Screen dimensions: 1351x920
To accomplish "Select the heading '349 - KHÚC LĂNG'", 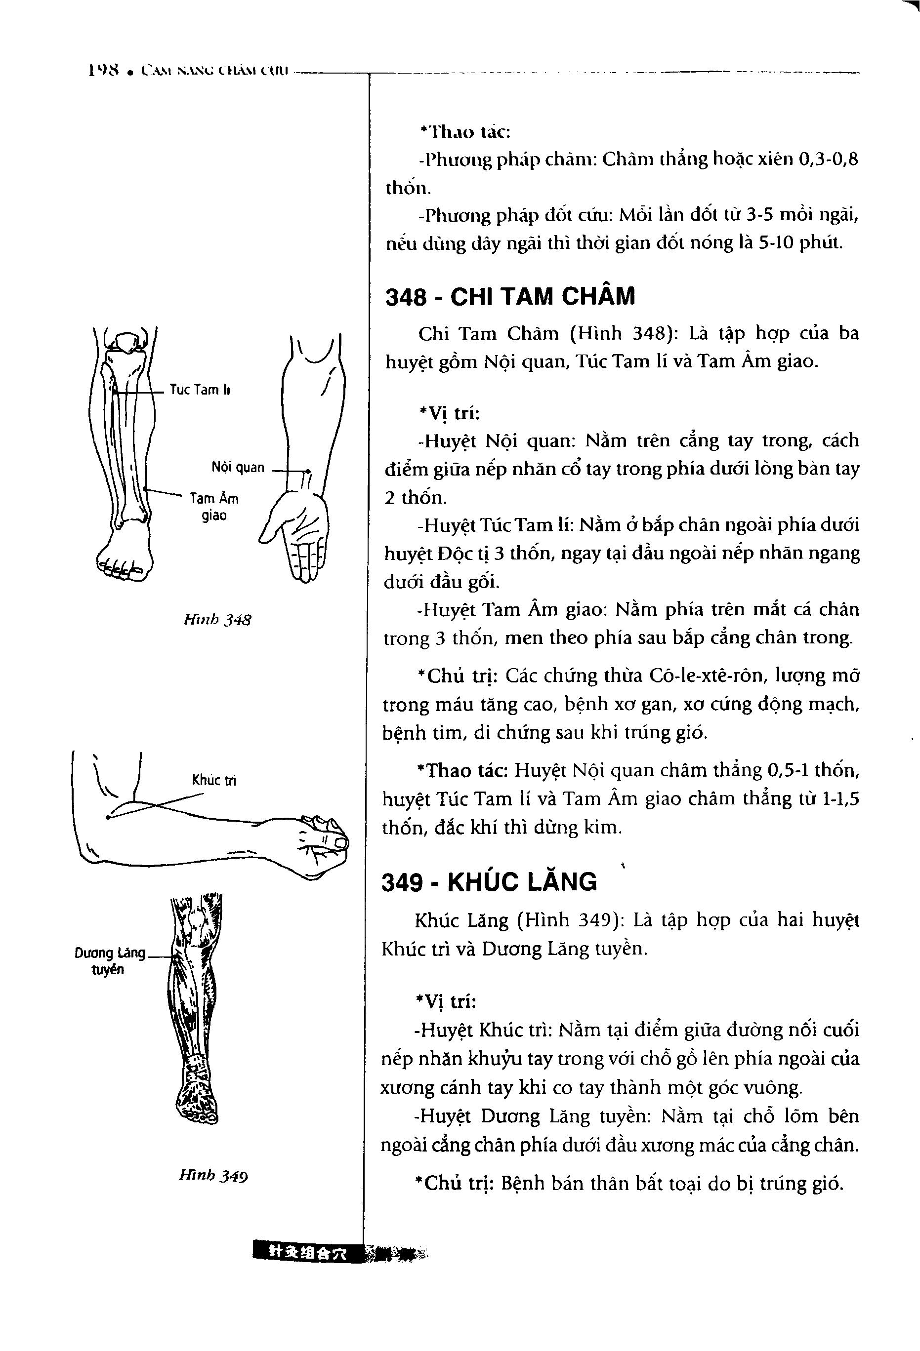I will pyautogui.click(x=489, y=882).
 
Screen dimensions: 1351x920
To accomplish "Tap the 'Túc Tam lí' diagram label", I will pyautogui.click(x=200, y=390).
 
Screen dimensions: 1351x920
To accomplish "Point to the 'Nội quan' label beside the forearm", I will pyautogui.click(x=238, y=467).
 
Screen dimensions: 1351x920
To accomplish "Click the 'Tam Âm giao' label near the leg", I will pyautogui.click(x=214, y=506).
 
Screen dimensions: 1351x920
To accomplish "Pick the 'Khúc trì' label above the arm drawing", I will pyautogui.click(x=214, y=780).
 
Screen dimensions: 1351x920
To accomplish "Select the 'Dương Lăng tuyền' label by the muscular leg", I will pyautogui.click(x=110, y=961).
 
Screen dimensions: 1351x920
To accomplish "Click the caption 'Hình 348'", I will pyautogui.click(x=217, y=620).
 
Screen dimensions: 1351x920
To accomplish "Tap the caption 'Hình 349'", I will pyautogui.click(x=213, y=1176).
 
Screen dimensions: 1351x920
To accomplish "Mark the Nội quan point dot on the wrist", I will pyautogui.click(x=309, y=471).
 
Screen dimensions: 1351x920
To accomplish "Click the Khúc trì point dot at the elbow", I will pyautogui.click(x=108, y=817).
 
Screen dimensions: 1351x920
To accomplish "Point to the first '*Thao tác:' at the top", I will pyautogui.click(x=464, y=132).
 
